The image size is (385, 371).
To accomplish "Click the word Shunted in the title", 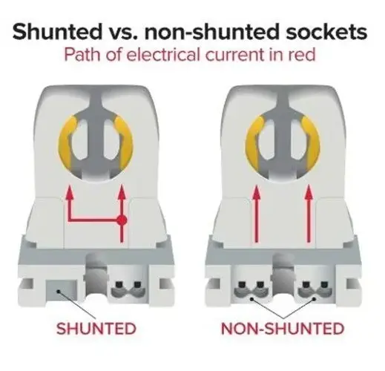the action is (x=57, y=31).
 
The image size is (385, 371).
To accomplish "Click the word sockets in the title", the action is (x=326, y=31).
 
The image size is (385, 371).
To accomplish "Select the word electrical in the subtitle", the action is (x=163, y=54).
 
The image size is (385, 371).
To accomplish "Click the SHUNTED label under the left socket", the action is (x=96, y=329).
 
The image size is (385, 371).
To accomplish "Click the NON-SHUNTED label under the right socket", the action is (x=283, y=329).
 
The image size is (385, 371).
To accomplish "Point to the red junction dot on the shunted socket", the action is (x=122, y=220).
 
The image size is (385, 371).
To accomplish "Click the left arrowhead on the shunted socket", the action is (x=70, y=191).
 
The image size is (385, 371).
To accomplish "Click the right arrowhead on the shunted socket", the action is (x=122, y=191).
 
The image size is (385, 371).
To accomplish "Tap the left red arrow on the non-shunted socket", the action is (x=257, y=214).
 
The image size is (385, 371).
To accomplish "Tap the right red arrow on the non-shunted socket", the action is (x=309, y=214).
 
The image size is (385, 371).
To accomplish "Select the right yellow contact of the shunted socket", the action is (x=125, y=143).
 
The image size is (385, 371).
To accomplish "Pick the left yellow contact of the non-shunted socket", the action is (x=254, y=143).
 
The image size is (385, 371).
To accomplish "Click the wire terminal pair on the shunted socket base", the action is (x=127, y=289).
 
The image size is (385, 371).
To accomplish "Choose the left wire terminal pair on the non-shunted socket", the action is (x=251, y=289).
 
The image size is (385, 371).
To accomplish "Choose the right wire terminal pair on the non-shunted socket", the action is (x=315, y=289).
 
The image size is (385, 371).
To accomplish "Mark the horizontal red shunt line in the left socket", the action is (x=94, y=220).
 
